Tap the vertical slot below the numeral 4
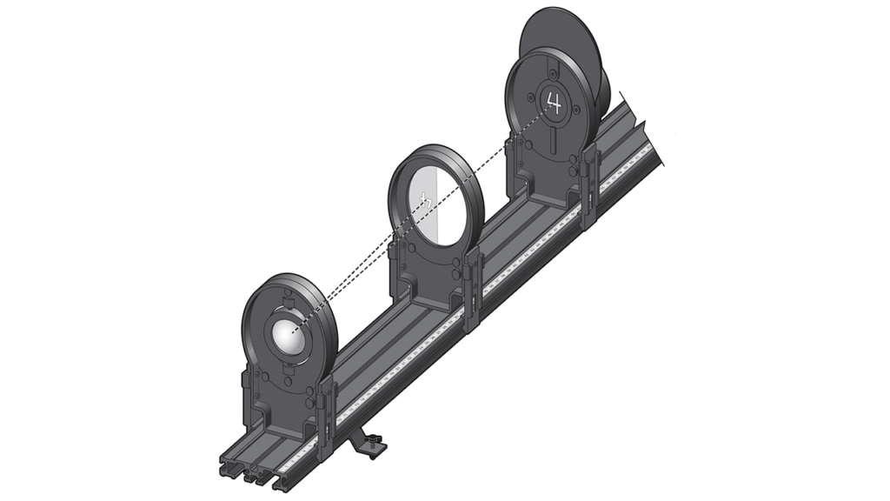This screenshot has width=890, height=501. pyautogui.click(x=553, y=138)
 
